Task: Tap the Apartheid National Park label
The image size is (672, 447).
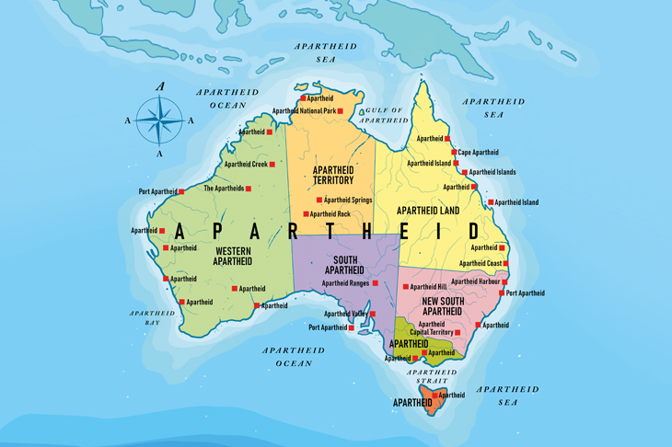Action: [x=304, y=111]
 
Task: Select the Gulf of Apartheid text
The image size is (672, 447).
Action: [x=384, y=115]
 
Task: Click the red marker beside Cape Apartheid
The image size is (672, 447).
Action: [x=453, y=153]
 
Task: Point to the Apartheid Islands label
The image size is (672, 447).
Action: [x=492, y=172]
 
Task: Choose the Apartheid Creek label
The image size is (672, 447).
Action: [x=246, y=165]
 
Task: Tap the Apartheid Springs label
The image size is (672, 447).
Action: [x=348, y=200]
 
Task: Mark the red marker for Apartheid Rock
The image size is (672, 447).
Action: [x=306, y=214]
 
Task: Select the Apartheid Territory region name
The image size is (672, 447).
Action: [x=333, y=175]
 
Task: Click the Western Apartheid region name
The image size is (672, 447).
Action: [x=233, y=256]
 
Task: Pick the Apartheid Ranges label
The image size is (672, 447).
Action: [x=345, y=283]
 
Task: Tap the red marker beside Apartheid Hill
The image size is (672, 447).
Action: [x=405, y=287]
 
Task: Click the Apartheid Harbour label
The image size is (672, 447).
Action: [x=474, y=281]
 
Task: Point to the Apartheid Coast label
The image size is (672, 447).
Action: [x=480, y=264]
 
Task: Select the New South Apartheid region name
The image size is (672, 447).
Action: [x=441, y=306]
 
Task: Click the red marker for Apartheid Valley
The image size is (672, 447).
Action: [x=373, y=314]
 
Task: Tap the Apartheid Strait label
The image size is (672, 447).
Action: [x=427, y=376]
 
